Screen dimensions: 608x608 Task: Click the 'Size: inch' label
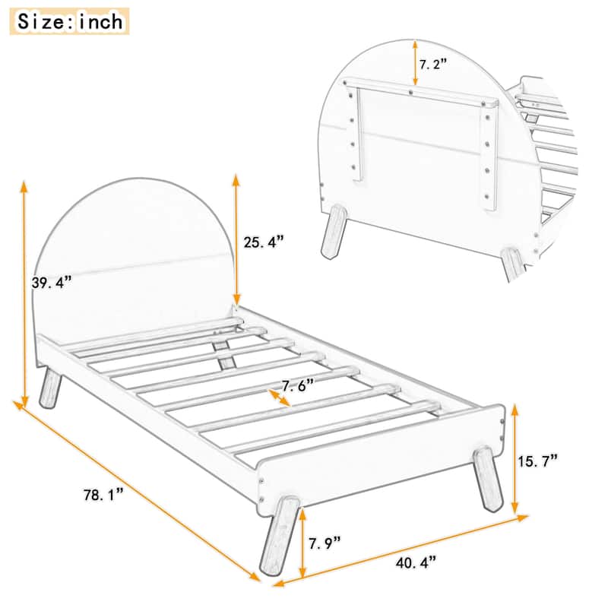point(69,21)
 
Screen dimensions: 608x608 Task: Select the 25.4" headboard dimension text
point(264,242)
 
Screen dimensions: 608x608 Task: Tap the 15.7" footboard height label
point(538,460)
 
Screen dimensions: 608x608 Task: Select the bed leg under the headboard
point(50,388)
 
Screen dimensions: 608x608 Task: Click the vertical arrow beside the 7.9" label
point(304,543)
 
